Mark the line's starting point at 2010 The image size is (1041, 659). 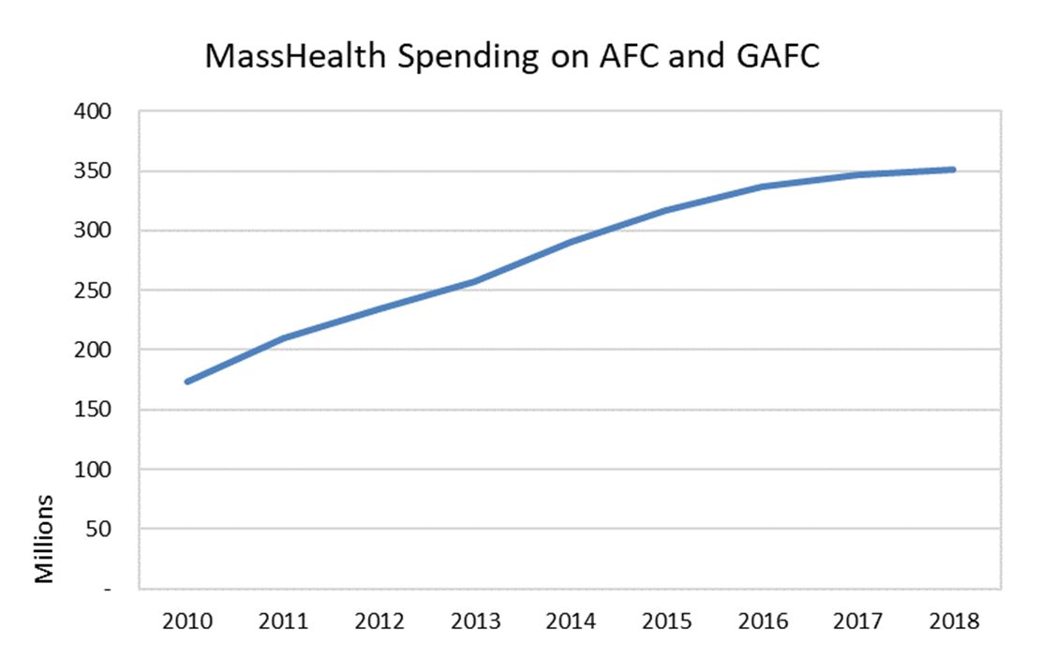coord(187,382)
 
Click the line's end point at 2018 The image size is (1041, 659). coord(953,170)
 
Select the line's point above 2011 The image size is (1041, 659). coord(283,338)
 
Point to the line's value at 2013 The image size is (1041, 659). coord(474,281)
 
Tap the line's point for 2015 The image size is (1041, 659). coord(666,210)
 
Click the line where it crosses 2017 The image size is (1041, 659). coord(857,175)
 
